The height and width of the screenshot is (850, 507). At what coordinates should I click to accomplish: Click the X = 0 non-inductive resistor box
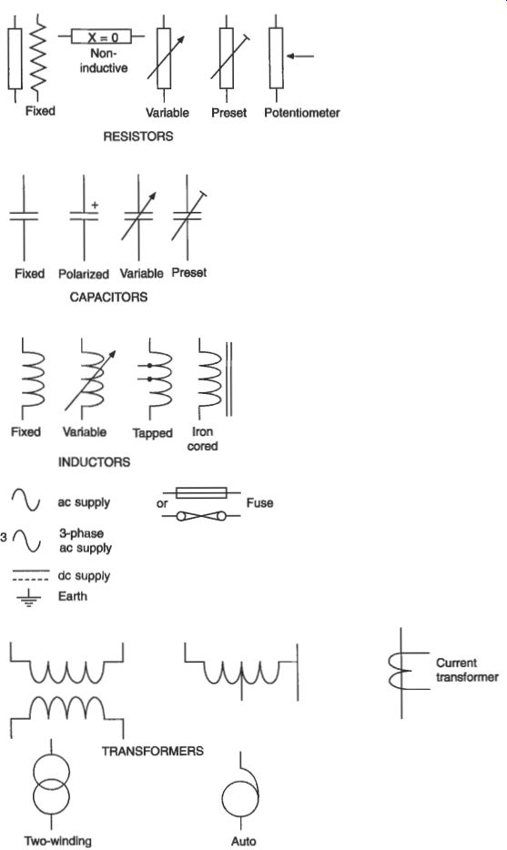(102, 37)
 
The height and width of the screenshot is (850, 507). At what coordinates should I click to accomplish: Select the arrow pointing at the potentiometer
(299, 56)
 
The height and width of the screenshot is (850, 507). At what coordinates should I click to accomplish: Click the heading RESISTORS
(138, 137)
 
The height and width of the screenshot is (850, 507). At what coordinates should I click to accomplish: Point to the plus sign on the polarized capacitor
(95, 205)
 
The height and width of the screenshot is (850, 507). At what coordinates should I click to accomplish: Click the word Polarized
(84, 274)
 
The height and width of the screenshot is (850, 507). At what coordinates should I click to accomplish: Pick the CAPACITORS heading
(108, 297)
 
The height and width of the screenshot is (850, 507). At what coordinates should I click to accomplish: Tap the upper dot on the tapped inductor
(149, 366)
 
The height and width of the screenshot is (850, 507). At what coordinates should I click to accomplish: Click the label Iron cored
(202, 439)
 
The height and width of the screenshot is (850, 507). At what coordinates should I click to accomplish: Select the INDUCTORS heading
(94, 462)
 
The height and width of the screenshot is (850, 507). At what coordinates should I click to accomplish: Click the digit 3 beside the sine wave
(5, 538)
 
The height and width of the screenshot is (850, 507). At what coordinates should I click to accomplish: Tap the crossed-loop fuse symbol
(202, 516)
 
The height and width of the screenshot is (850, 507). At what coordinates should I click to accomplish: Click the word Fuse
(259, 503)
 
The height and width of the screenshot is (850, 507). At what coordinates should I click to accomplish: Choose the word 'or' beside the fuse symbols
(162, 503)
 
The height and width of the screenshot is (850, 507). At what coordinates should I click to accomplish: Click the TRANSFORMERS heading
(153, 751)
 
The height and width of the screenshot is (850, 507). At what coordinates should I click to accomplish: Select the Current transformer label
(467, 670)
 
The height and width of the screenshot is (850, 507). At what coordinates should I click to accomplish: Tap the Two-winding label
(57, 841)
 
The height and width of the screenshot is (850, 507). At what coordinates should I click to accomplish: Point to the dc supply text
(84, 576)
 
